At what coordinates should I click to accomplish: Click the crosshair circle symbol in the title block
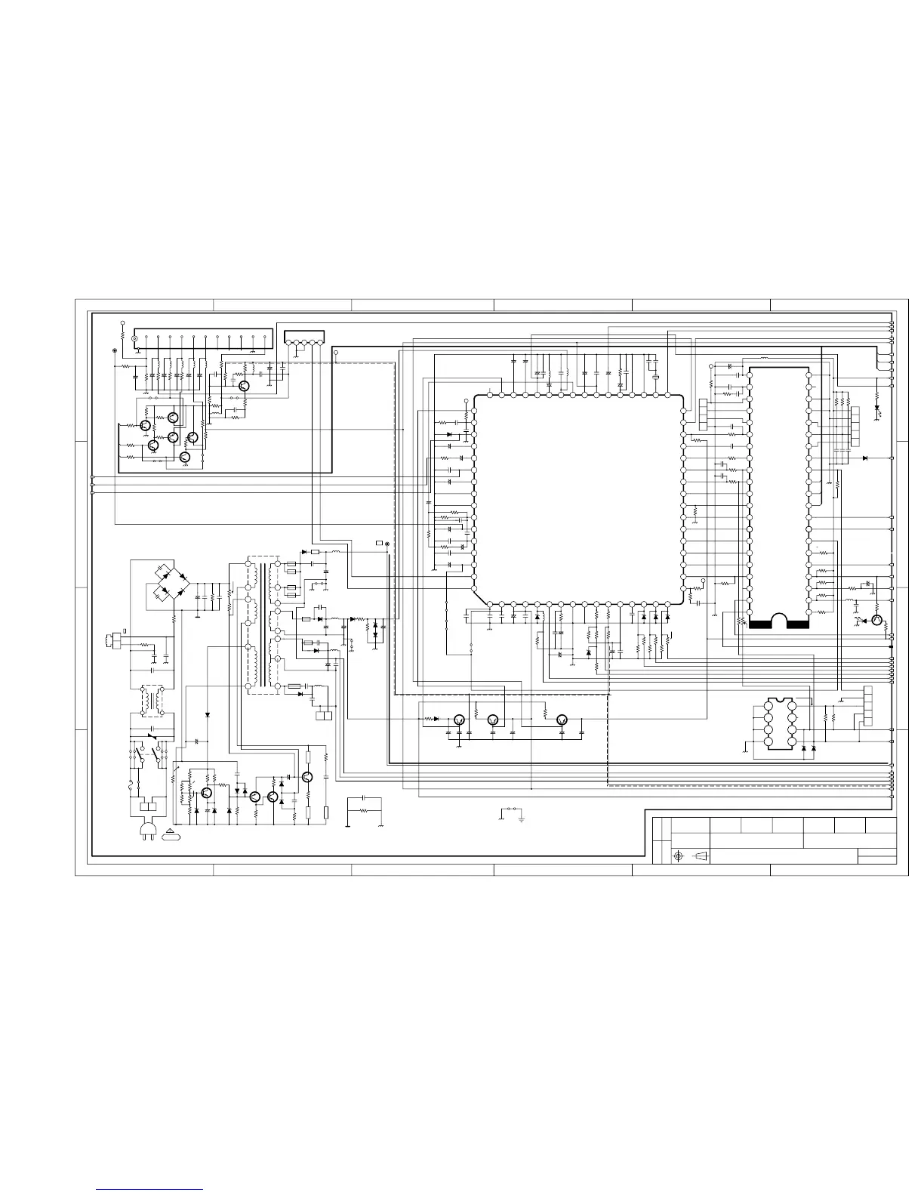coord(679,856)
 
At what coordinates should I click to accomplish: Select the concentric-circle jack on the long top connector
coord(135,339)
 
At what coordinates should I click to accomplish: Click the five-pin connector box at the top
coord(304,337)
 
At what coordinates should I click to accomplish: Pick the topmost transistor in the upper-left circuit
coord(243,385)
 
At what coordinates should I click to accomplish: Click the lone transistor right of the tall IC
coord(876,621)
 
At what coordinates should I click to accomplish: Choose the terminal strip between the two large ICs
coord(704,416)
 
